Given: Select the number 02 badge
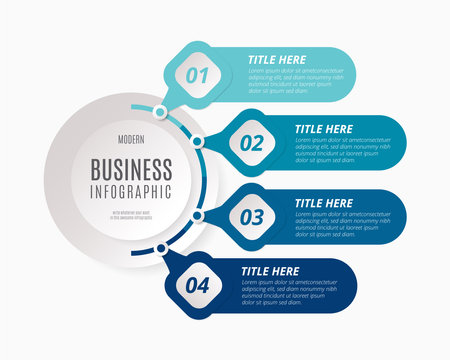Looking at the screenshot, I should pyautogui.click(x=250, y=143).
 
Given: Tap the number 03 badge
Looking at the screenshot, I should pyautogui.click(x=250, y=215).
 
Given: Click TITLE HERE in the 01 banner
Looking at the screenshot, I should pyautogui.click(x=277, y=57).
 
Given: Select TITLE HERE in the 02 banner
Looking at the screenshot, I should pyautogui.click(x=323, y=128).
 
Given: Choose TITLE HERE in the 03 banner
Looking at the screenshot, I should pyautogui.click(x=323, y=202).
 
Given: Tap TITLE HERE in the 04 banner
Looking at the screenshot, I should pyautogui.click(x=271, y=270).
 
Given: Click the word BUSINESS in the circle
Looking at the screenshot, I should pyautogui.click(x=131, y=168).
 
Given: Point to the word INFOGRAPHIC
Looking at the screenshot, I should pyautogui.click(x=131, y=190).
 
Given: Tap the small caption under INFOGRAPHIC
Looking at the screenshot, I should pyautogui.click(x=131, y=213).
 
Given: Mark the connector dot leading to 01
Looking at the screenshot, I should pyautogui.click(x=159, y=112).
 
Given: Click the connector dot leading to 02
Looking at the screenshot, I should pyautogui.click(x=198, y=143).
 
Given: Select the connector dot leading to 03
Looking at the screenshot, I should pyautogui.click(x=198, y=215).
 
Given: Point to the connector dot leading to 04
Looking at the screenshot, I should pyautogui.click(x=160, y=247).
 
